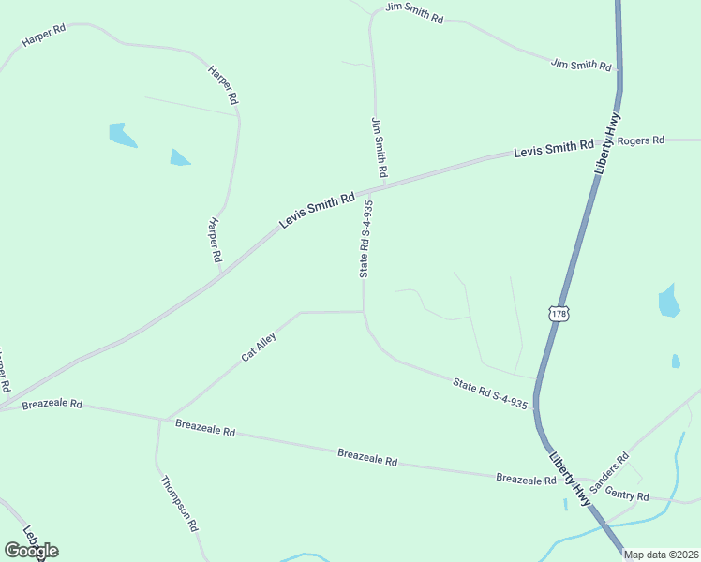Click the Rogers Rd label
(x=640, y=140)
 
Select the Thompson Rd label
(x=179, y=504)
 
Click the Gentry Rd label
(x=627, y=495)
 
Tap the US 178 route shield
(x=559, y=314)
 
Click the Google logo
(x=31, y=550)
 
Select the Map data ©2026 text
(x=661, y=555)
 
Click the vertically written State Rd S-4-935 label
(x=366, y=239)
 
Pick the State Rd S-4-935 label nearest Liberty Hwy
(x=490, y=393)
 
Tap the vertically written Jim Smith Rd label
(x=380, y=148)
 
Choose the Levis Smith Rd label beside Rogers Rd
(x=554, y=147)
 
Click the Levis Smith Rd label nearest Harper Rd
(x=317, y=211)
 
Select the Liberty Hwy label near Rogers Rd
(x=607, y=142)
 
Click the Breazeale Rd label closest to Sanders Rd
(x=527, y=479)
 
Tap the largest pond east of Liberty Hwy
(x=668, y=302)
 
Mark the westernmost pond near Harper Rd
(x=121, y=135)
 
